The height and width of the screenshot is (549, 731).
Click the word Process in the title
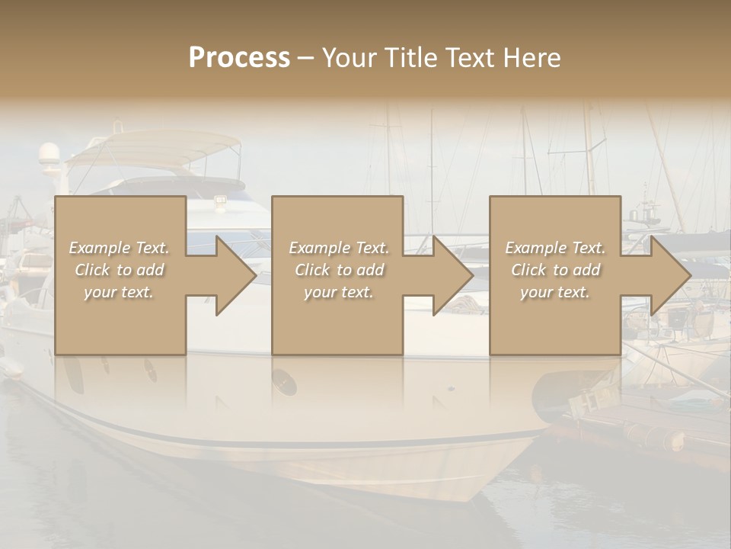coord(239,58)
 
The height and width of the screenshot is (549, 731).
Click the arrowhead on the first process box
coord(233,275)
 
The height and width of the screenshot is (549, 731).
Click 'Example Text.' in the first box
coord(120,248)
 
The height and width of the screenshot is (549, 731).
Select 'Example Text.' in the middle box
coord(339,248)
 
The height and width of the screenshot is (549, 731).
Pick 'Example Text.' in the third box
coord(555,248)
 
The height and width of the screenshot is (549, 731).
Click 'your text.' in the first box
coord(120,292)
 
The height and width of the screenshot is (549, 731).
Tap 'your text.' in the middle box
coord(339,292)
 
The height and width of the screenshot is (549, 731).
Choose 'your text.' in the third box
coord(555,292)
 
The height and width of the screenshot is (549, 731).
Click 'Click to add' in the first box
coord(120,270)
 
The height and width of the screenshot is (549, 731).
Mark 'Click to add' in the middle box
coord(339,270)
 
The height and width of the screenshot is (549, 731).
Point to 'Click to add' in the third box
coord(555,270)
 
